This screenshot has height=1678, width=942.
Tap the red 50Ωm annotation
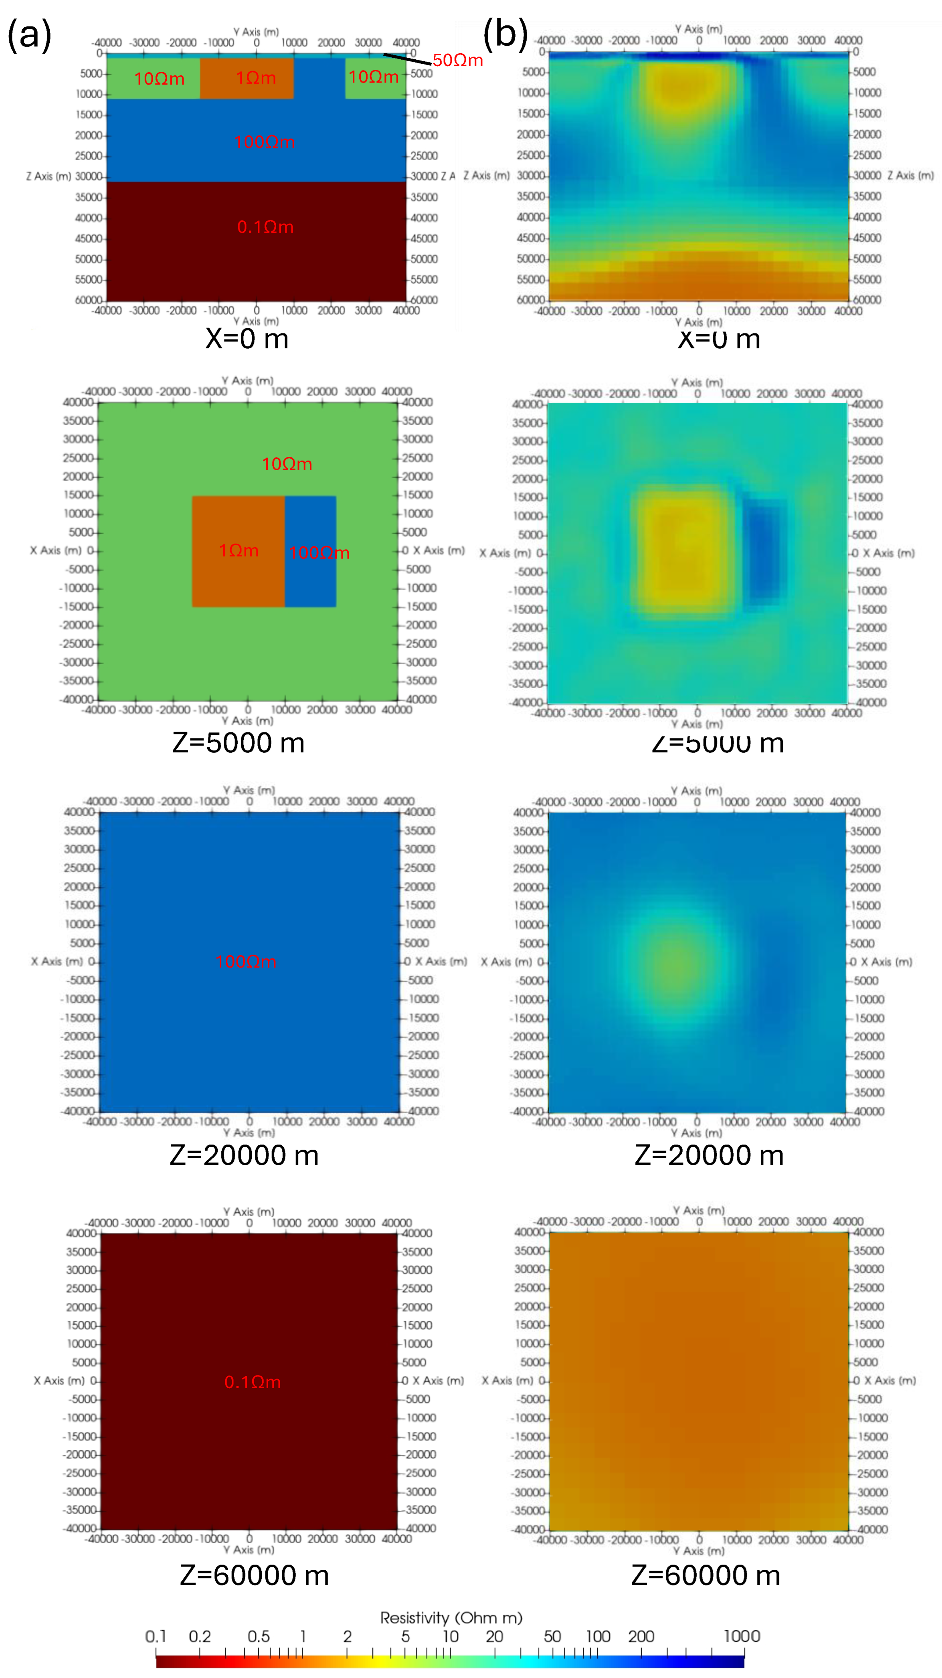[457, 61]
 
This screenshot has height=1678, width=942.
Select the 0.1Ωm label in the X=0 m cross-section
[265, 227]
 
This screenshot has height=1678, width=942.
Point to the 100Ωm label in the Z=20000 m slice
[246, 961]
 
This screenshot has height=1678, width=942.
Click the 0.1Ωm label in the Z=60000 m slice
[253, 1382]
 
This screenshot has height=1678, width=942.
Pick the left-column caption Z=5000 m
[239, 742]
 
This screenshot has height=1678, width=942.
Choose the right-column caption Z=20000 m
[709, 1155]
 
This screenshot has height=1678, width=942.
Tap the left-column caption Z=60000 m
[254, 1575]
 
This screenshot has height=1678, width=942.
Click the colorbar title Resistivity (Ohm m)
[451, 1617]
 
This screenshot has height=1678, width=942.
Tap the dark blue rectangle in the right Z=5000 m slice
[765, 550]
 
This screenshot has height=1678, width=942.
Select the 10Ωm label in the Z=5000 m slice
[287, 464]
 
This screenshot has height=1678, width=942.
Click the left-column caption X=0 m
[247, 339]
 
